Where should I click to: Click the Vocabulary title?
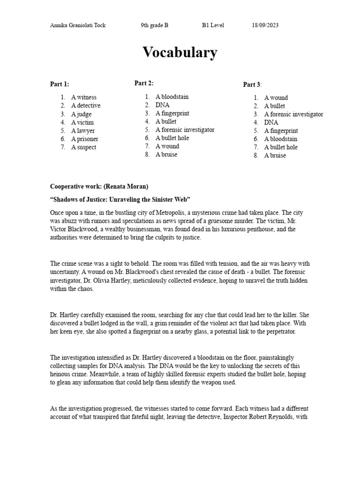click(180, 52)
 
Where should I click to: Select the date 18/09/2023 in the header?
click(265, 25)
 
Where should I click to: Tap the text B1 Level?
click(213, 25)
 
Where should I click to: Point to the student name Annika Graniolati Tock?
click(78, 25)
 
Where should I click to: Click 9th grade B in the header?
click(154, 25)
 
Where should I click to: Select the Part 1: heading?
click(60, 84)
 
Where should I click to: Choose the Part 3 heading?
click(252, 85)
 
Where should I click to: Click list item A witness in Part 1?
click(84, 97)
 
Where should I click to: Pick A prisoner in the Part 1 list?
click(85, 139)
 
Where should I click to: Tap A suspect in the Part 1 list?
click(84, 147)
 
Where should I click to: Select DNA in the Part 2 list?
click(163, 105)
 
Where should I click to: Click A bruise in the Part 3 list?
click(275, 156)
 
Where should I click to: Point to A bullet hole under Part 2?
click(172, 138)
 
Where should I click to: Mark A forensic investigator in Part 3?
click(293, 114)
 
